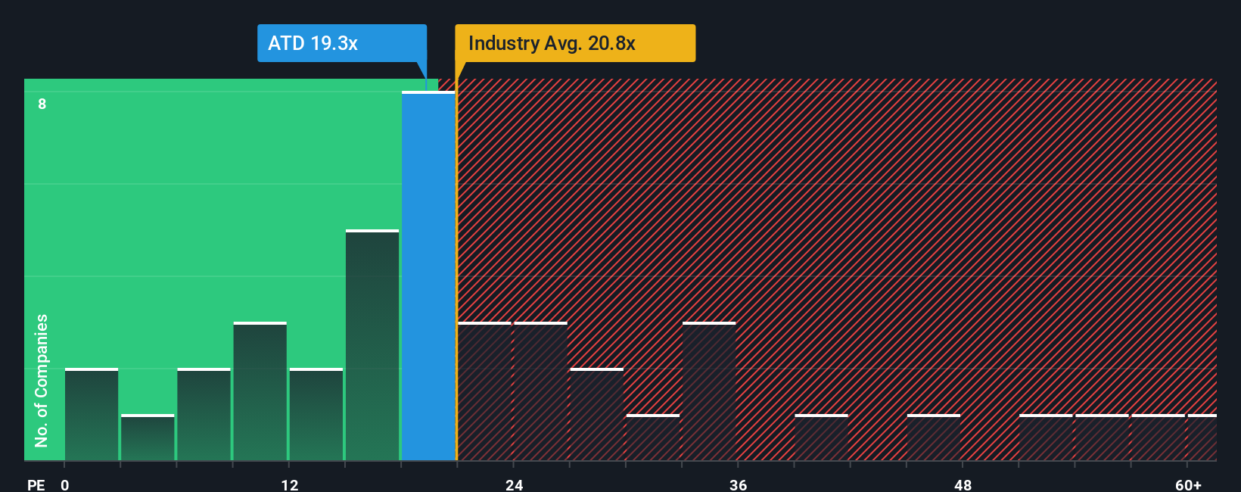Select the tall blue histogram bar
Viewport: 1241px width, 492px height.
coord(428,276)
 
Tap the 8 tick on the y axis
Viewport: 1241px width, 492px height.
coord(42,104)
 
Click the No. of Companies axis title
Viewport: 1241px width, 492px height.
coord(42,380)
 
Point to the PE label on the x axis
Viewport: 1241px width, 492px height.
coord(36,484)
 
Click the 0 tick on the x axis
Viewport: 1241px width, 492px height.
coord(65,484)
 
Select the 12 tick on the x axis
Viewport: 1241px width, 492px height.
coord(290,484)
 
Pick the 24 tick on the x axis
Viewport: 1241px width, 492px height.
coord(515,484)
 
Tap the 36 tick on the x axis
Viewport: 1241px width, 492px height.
coord(739,484)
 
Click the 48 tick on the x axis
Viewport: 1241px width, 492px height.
coord(963,484)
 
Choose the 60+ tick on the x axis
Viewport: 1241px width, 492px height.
coord(1188,484)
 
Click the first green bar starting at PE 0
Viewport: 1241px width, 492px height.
coord(92,415)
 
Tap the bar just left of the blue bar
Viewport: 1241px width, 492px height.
coord(372,345)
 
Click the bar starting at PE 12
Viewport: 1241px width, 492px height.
coord(316,415)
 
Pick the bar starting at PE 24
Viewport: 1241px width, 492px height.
coord(541,391)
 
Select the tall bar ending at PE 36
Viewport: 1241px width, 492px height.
coord(709,391)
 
